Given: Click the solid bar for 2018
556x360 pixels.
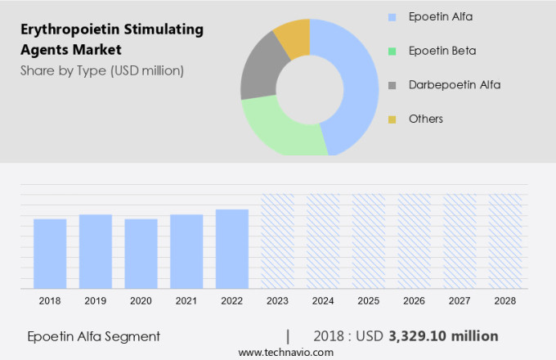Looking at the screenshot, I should click(x=50, y=254).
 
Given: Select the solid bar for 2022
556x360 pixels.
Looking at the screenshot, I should click(x=232, y=249).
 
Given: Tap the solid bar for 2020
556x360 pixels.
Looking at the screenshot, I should click(x=141, y=254).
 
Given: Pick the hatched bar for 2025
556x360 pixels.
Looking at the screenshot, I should click(x=369, y=241).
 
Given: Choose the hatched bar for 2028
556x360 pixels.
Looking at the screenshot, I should click(x=505, y=241).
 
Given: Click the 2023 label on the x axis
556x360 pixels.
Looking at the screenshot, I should click(x=277, y=301).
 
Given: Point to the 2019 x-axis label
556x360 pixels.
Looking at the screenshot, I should click(x=95, y=301).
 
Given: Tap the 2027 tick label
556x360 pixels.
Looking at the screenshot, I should click(x=460, y=301).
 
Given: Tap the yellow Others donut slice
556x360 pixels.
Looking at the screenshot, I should click(x=293, y=38).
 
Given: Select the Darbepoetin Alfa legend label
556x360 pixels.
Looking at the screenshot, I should click(x=455, y=84).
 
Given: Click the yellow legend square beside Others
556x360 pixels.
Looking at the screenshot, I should click(x=392, y=119).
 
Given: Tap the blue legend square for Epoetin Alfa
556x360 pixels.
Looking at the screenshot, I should click(x=392, y=16).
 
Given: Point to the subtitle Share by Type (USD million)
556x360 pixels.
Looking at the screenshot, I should click(x=102, y=70).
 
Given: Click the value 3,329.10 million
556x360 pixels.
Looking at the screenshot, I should click(x=444, y=336).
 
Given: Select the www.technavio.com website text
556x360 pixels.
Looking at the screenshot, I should click(x=285, y=352).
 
